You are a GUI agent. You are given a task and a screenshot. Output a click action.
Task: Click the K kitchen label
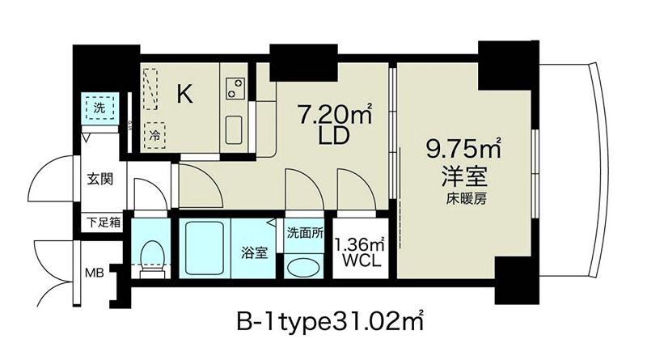click(185, 95)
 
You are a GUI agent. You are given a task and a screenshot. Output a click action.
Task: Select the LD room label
click(332, 138)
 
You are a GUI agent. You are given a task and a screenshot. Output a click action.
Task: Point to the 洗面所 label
click(304, 231)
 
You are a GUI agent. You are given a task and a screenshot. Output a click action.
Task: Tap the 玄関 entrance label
click(102, 179)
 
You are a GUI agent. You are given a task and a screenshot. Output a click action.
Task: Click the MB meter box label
click(96, 272)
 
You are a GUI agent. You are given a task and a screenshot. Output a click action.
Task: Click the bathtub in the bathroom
click(205, 248)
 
